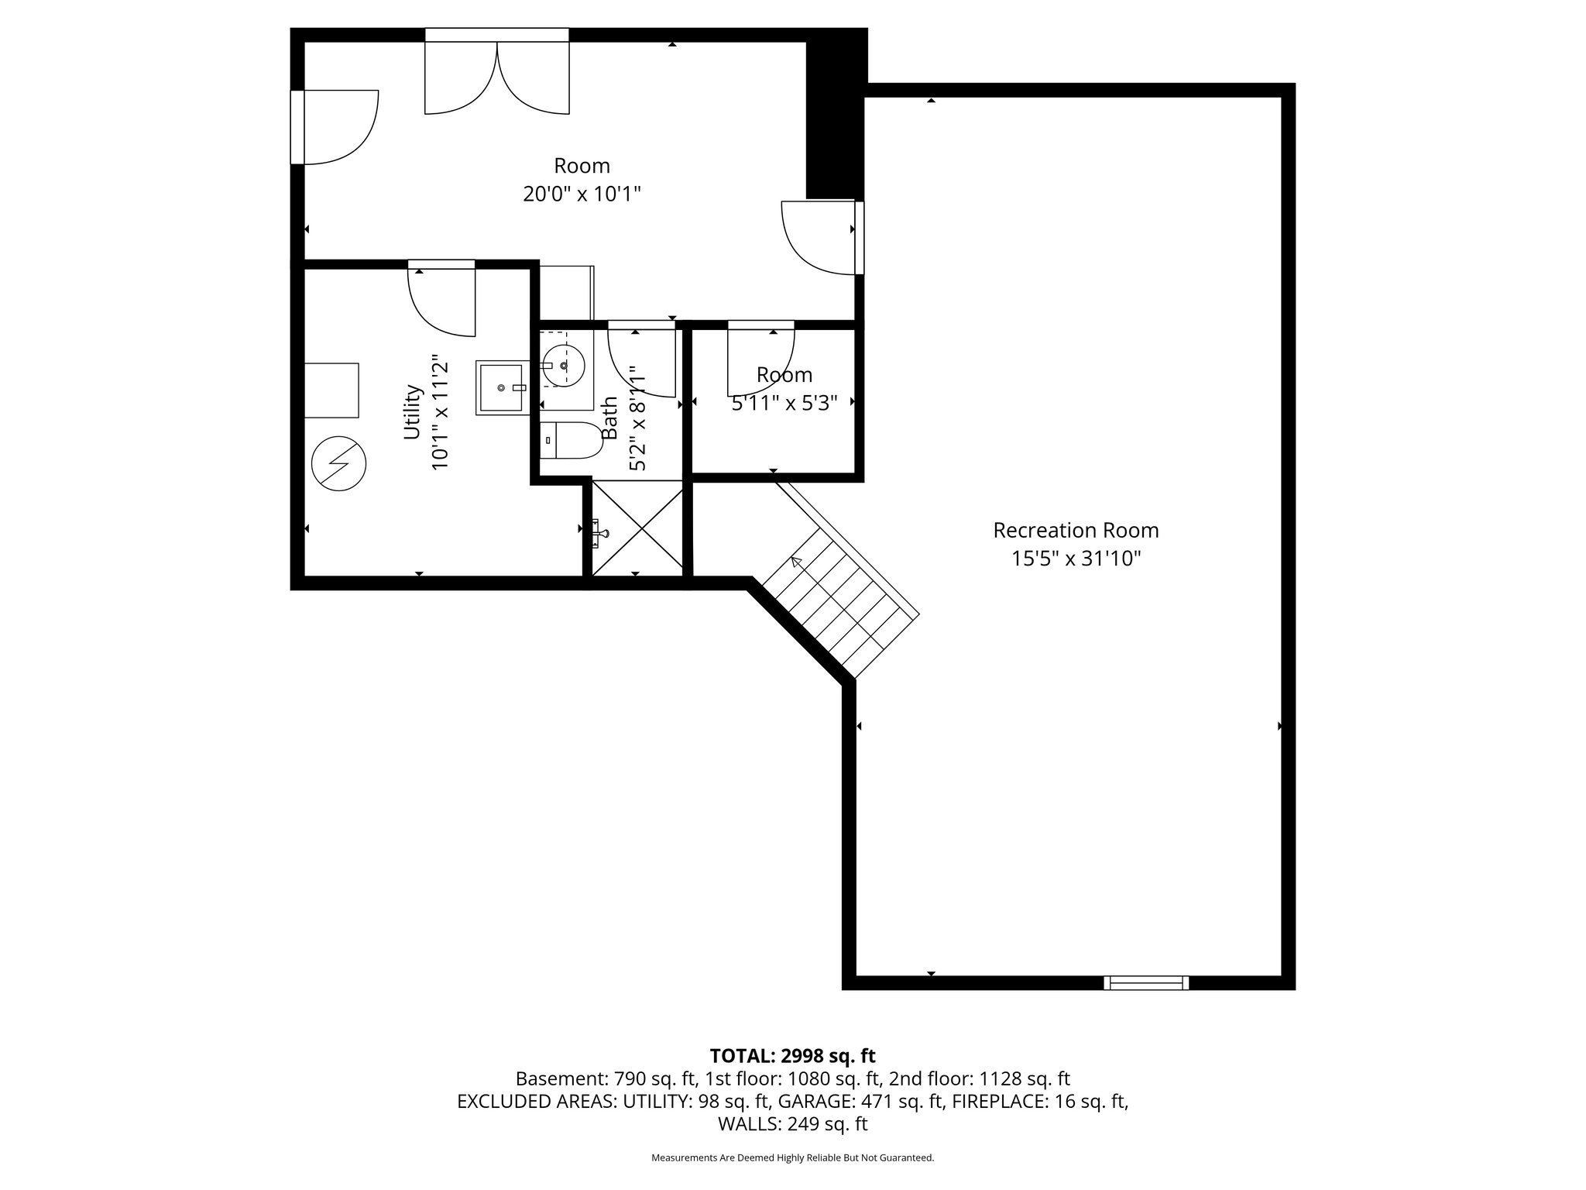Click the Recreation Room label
pos(1076,530)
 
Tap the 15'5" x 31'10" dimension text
pos(1076,558)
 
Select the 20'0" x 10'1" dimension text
pos(582,194)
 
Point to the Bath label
pos(609,418)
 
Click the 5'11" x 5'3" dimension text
pos(784,403)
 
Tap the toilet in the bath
pos(572,441)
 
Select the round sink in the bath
pos(563,365)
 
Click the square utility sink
pos(502,387)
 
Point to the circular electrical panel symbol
pos(338,464)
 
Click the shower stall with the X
pos(637,528)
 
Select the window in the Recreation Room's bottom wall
pos(1146,982)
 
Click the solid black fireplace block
pos(836,114)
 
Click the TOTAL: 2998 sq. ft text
pos(792,1055)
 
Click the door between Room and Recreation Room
pos(822,237)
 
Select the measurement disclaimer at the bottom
pos(792,1157)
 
